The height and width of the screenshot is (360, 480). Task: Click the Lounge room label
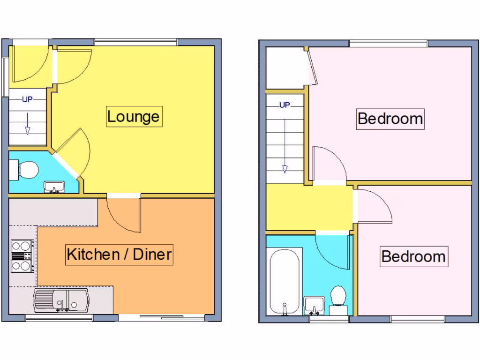pos(134,116)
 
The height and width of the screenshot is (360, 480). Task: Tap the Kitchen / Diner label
pos(120,255)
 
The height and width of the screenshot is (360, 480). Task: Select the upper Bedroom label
pos(390,118)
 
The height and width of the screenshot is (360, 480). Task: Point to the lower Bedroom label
pos(413,256)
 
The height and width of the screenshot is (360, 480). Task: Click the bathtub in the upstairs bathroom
pos(285,284)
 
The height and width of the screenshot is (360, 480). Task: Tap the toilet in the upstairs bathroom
pos(338,300)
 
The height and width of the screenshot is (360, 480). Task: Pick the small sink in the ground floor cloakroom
pos(55,187)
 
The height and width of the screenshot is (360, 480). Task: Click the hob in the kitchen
pos(22,256)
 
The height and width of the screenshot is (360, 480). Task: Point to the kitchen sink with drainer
pos(61,300)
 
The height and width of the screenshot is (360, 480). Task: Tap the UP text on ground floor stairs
pos(27,99)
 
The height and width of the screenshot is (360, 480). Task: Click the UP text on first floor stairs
pos(285,105)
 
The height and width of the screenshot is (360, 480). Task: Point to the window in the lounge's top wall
pos(135,42)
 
